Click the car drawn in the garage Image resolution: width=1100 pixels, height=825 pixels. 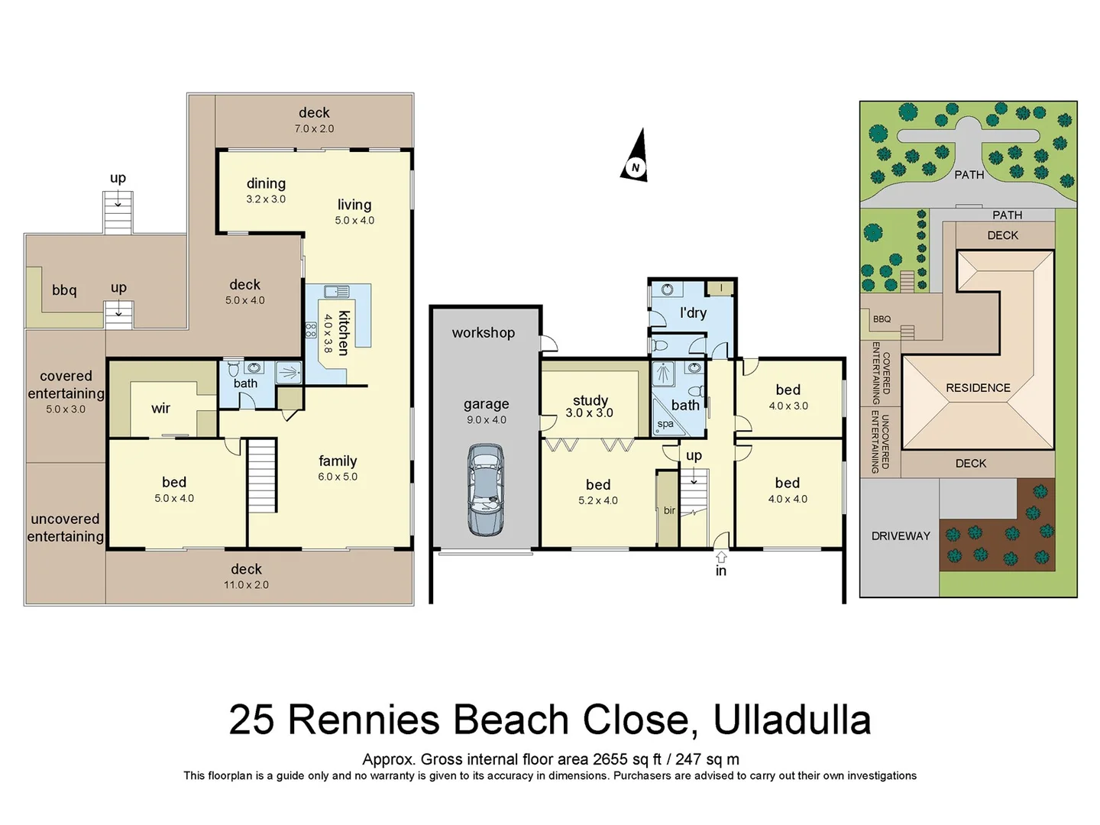[485, 490]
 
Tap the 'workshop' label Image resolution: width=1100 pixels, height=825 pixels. [483, 332]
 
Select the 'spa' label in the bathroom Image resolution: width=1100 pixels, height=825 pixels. [665, 424]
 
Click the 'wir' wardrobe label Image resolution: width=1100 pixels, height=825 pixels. [160, 408]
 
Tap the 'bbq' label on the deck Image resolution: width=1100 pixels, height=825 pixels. [64, 290]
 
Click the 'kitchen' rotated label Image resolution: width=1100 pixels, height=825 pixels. [344, 332]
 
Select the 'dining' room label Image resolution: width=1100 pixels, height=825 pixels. [266, 183]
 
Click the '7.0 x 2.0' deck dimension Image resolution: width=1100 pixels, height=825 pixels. [314, 129]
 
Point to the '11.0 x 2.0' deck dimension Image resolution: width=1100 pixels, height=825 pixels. [246, 585]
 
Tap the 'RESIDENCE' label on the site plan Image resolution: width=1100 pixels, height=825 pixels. [978, 388]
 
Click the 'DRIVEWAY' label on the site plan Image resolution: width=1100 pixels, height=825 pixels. [901, 536]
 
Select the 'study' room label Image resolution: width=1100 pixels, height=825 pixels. [590, 400]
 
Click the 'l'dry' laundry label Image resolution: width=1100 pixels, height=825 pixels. [693, 312]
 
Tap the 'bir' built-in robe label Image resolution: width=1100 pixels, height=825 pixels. [669, 510]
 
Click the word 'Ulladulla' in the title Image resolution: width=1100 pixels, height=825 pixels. [791, 720]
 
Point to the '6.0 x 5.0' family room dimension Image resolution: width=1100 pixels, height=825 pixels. [338, 477]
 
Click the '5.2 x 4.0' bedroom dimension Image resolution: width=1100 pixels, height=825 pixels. [598, 501]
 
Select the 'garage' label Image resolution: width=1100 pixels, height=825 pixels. [486, 404]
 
